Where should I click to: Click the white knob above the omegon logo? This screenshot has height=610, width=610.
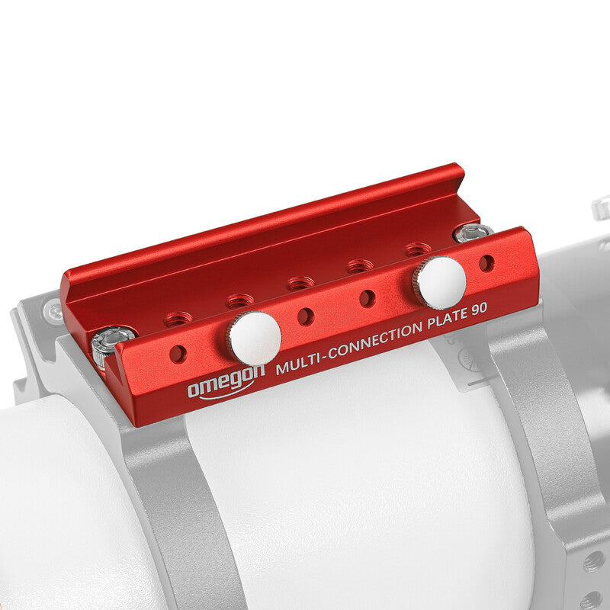(x=255, y=338)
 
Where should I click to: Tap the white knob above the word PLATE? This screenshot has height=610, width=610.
(x=440, y=282)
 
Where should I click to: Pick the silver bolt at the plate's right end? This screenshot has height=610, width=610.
(x=473, y=233)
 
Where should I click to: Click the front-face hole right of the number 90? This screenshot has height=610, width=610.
(x=486, y=263)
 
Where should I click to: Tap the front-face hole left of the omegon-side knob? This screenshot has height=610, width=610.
(x=178, y=353)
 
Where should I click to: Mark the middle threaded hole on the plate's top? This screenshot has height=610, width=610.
(x=300, y=283)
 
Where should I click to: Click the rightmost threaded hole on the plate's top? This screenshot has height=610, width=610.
(x=418, y=249)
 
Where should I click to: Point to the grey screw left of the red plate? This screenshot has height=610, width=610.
(x=53, y=310)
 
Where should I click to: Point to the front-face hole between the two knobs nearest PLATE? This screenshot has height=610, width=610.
(x=367, y=298)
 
